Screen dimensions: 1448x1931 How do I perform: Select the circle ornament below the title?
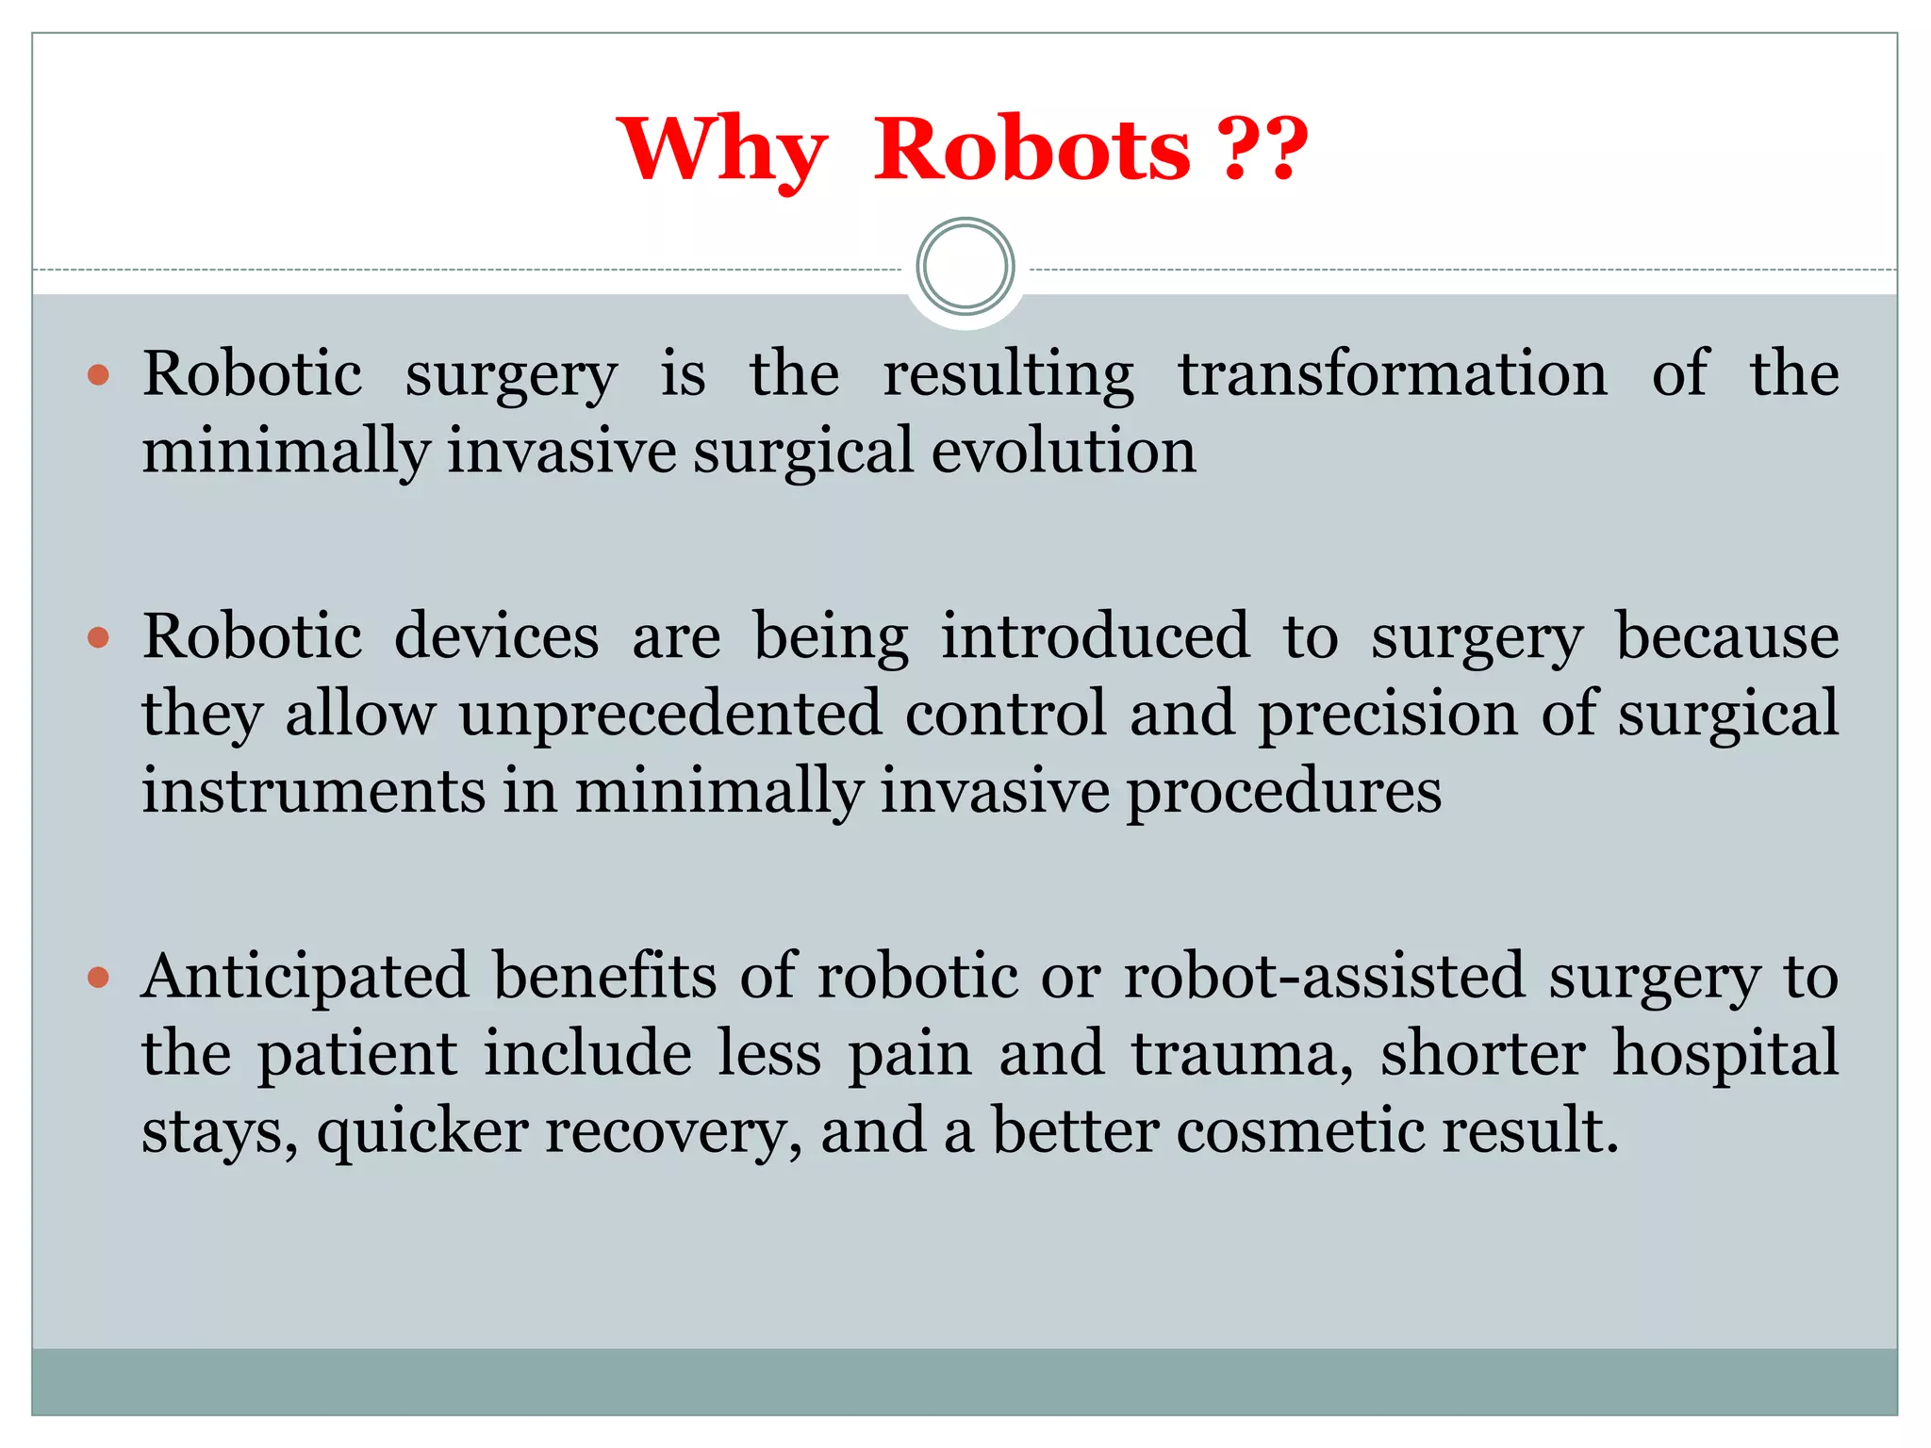965,267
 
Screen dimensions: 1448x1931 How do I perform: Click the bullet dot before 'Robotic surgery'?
98,376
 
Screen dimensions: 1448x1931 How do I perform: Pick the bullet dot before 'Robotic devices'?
98,639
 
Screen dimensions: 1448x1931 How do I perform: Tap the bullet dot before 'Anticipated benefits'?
98,978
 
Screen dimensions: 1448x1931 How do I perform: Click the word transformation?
1393,374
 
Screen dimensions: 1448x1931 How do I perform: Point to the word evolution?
1064,451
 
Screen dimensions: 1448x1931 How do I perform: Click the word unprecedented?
670,714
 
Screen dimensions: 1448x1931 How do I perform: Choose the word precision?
1388,714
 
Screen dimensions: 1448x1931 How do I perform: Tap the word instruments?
313,790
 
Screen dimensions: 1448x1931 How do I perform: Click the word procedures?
1284,792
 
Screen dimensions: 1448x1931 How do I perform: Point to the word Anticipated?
305,977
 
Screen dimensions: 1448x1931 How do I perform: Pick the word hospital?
1725,1054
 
